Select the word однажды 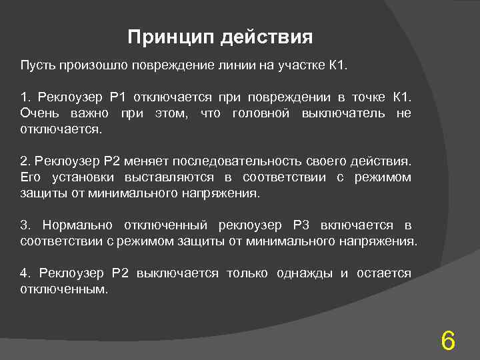pyautogui.click(x=306, y=273)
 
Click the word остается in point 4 pyautogui.click(x=384, y=273)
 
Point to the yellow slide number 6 pyautogui.click(x=448, y=341)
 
